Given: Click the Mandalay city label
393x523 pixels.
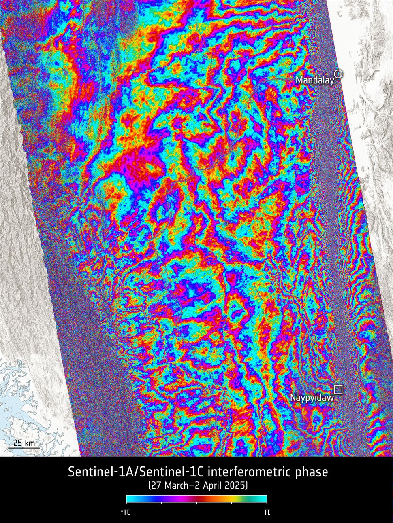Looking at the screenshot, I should [x=315, y=80].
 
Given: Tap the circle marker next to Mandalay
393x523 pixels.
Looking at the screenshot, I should [x=338, y=73].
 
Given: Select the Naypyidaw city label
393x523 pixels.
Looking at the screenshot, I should [x=312, y=398].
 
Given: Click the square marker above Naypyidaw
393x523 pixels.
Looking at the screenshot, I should [x=338, y=390].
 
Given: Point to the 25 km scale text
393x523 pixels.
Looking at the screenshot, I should [x=24, y=443].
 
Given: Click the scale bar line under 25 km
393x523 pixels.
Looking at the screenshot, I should [x=24, y=448].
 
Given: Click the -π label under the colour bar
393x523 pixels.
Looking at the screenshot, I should [x=126, y=512].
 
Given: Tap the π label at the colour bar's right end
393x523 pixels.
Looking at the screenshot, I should [x=267, y=512].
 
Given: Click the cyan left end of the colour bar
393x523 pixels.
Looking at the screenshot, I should [x=129, y=499].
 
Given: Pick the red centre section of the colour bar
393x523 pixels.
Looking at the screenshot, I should [x=203, y=499].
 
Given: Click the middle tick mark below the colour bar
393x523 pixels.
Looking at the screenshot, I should [x=196, y=503].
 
